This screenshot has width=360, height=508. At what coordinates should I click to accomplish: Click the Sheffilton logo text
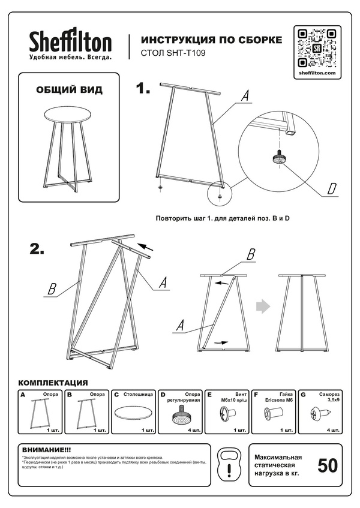tap(71, 42)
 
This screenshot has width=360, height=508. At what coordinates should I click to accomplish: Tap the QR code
tap(316, 47)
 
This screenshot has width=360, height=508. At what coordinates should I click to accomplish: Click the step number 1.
tap(143, 89)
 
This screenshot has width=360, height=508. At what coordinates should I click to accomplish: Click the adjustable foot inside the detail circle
tap(278, 157)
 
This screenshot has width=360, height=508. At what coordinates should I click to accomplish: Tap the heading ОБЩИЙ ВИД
tap(69, 90)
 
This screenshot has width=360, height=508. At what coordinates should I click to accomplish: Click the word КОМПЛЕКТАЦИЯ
tap(53, 383)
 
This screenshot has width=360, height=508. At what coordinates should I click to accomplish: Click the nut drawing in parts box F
tap(276, 413)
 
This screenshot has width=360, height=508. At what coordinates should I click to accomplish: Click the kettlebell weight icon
tap(229, 464)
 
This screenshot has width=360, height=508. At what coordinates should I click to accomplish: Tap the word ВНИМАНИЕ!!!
tap(46, 449)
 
